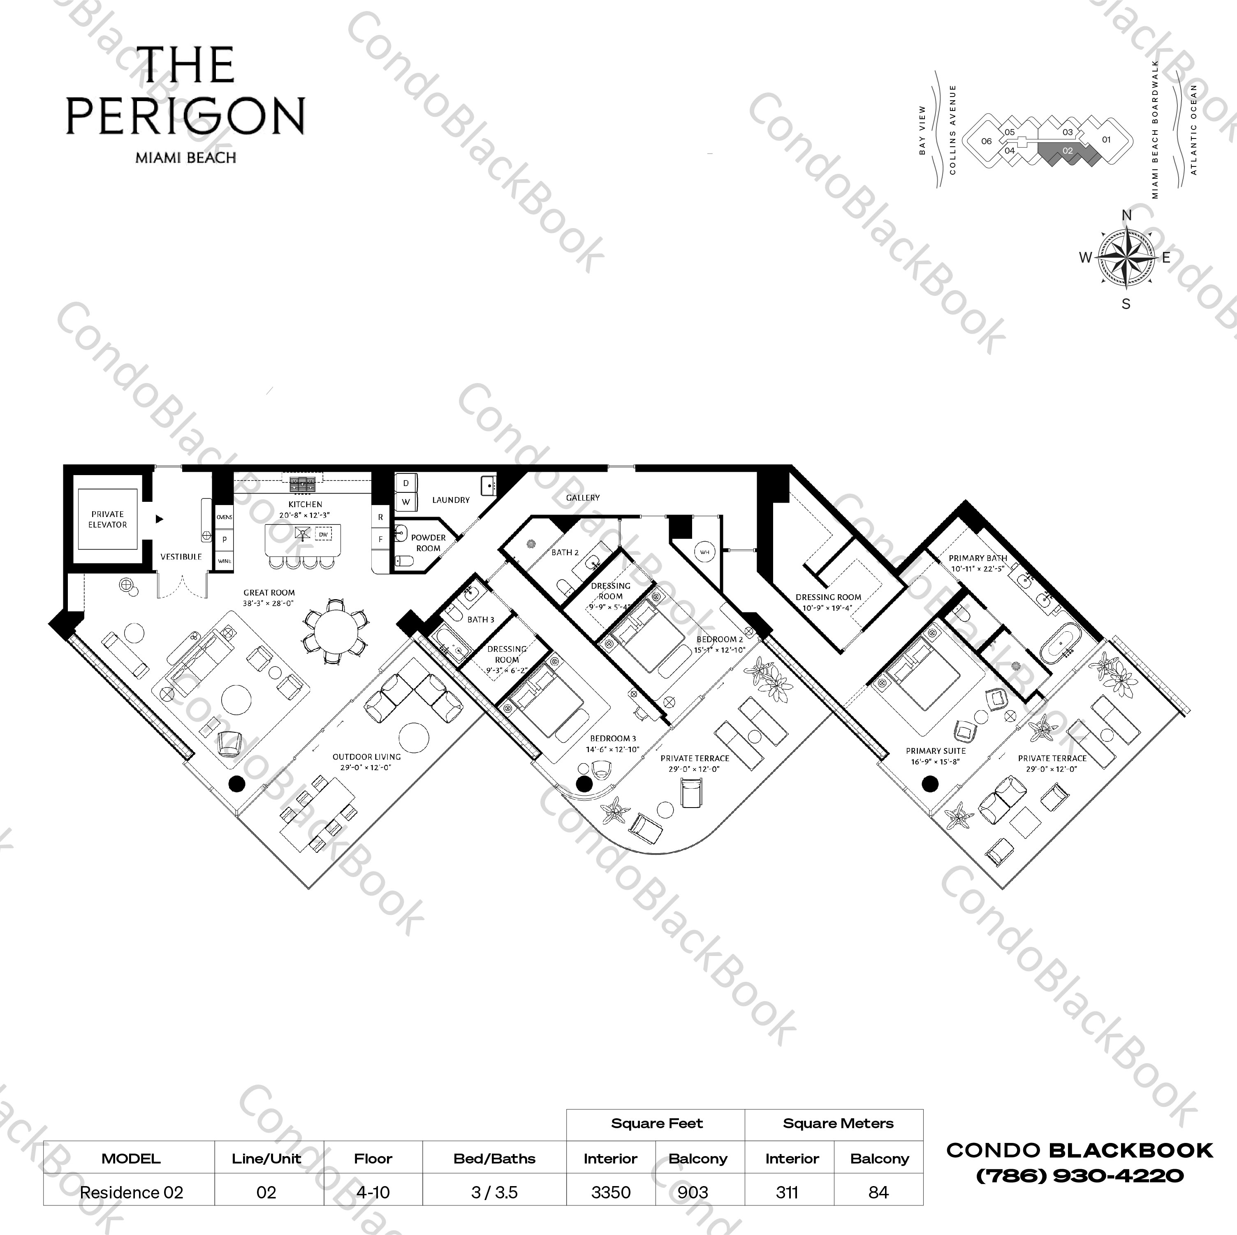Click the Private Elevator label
[x=108, y=519]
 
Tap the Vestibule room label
[x=181, y=557]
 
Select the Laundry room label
[x=451, y=500]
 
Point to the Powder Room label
[x=428, y=542]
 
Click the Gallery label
[x=583, y=497]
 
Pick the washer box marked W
[x=406, y=502]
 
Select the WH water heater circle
[x=705, y=552]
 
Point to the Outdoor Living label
[x=366, y=756]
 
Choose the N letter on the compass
[x=1127, y=215]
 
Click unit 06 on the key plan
[x=987, y=141]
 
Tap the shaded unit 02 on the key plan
[x=1067, y=152]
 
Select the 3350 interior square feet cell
[x=611, y=1192]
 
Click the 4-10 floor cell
[x=373, y=1192]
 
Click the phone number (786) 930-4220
[x=1079, y=1175]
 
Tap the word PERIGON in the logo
[x=186, y=116]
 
